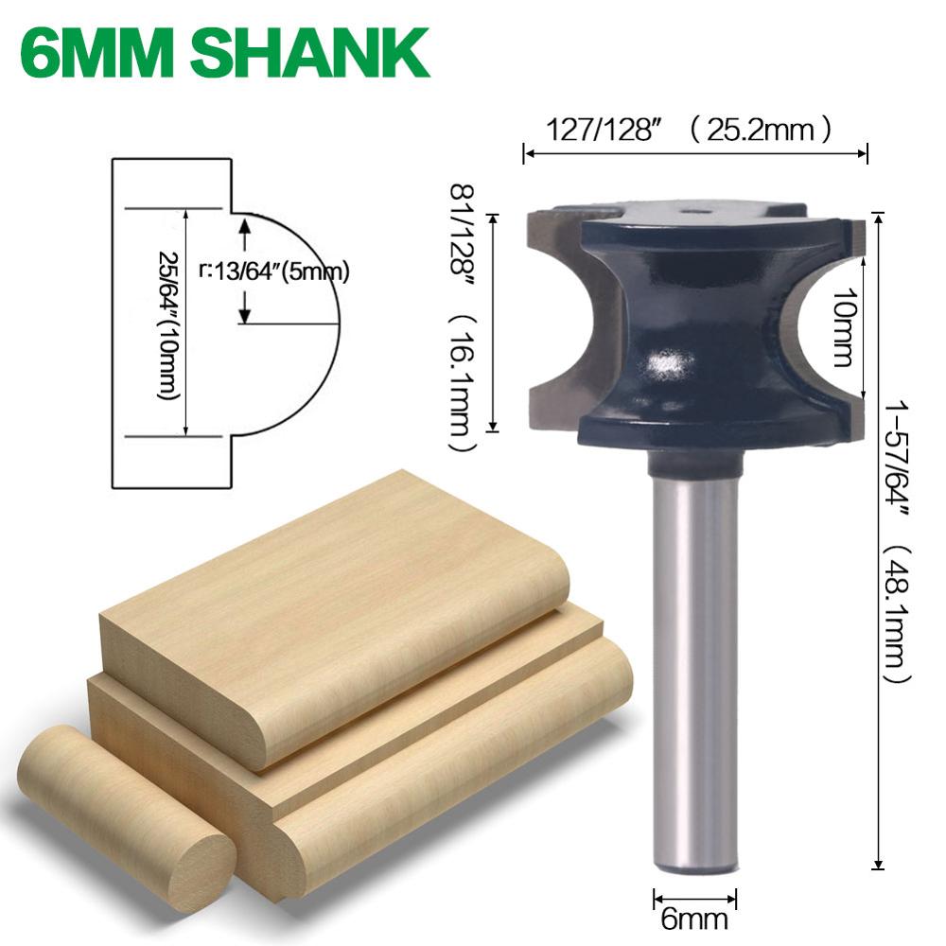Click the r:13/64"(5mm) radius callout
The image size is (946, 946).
point(274,272)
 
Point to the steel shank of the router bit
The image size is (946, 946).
point(694,662)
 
